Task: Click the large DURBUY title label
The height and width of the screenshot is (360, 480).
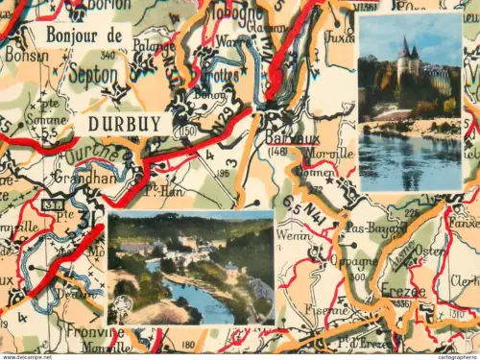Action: (125, 124)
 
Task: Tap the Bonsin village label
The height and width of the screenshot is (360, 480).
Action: (25, 56)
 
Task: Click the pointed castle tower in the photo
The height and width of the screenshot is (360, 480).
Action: (405, 48)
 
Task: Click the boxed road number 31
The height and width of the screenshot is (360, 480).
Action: (53, 202)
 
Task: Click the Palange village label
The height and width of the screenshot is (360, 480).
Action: (154, 45)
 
